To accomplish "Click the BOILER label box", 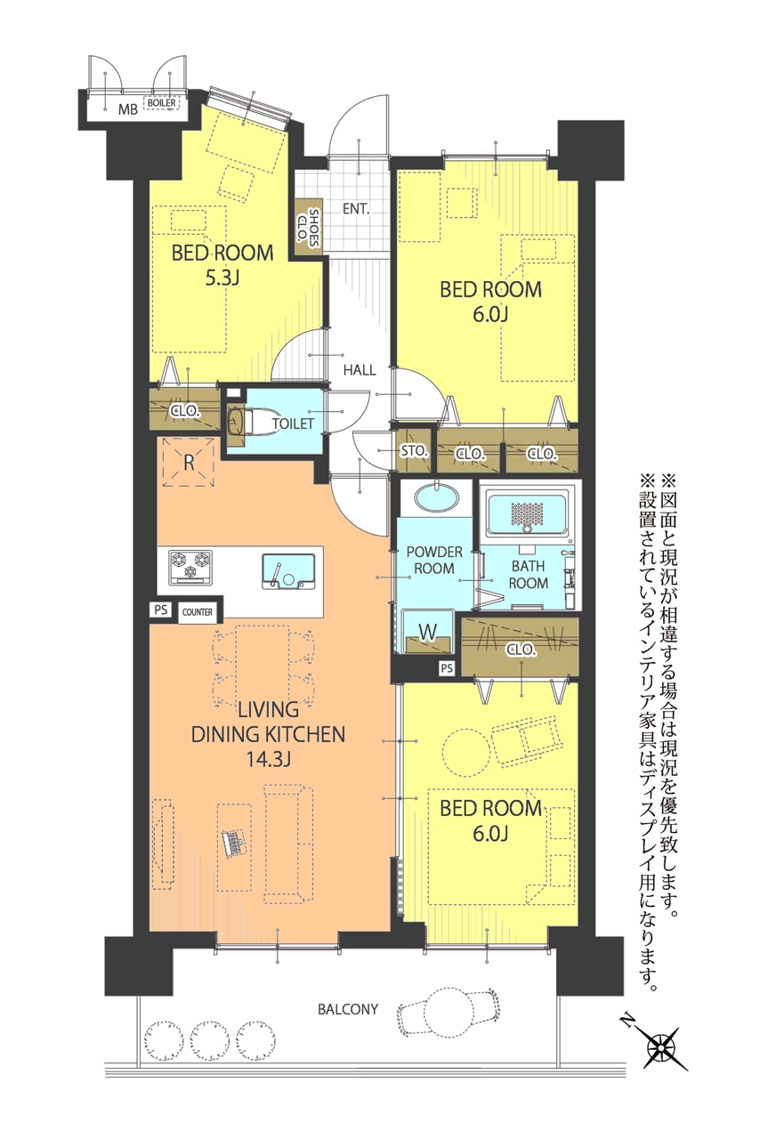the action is click(162, 102).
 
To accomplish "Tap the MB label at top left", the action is click(127, 109).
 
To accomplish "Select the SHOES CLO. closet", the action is click(309, 226).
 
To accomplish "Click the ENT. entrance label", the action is click(356, 208).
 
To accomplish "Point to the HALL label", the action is click(360, 369).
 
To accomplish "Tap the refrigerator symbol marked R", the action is click(189, 462).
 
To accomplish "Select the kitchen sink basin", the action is click(288, 571).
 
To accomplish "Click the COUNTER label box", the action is click(198, 612).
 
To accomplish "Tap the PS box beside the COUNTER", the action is click(161, 610).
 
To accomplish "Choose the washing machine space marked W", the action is click(428, 631).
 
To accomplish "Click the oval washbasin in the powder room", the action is click(436, 497).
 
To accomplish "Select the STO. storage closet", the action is click(414, 450).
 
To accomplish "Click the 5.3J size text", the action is click(222, 279).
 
